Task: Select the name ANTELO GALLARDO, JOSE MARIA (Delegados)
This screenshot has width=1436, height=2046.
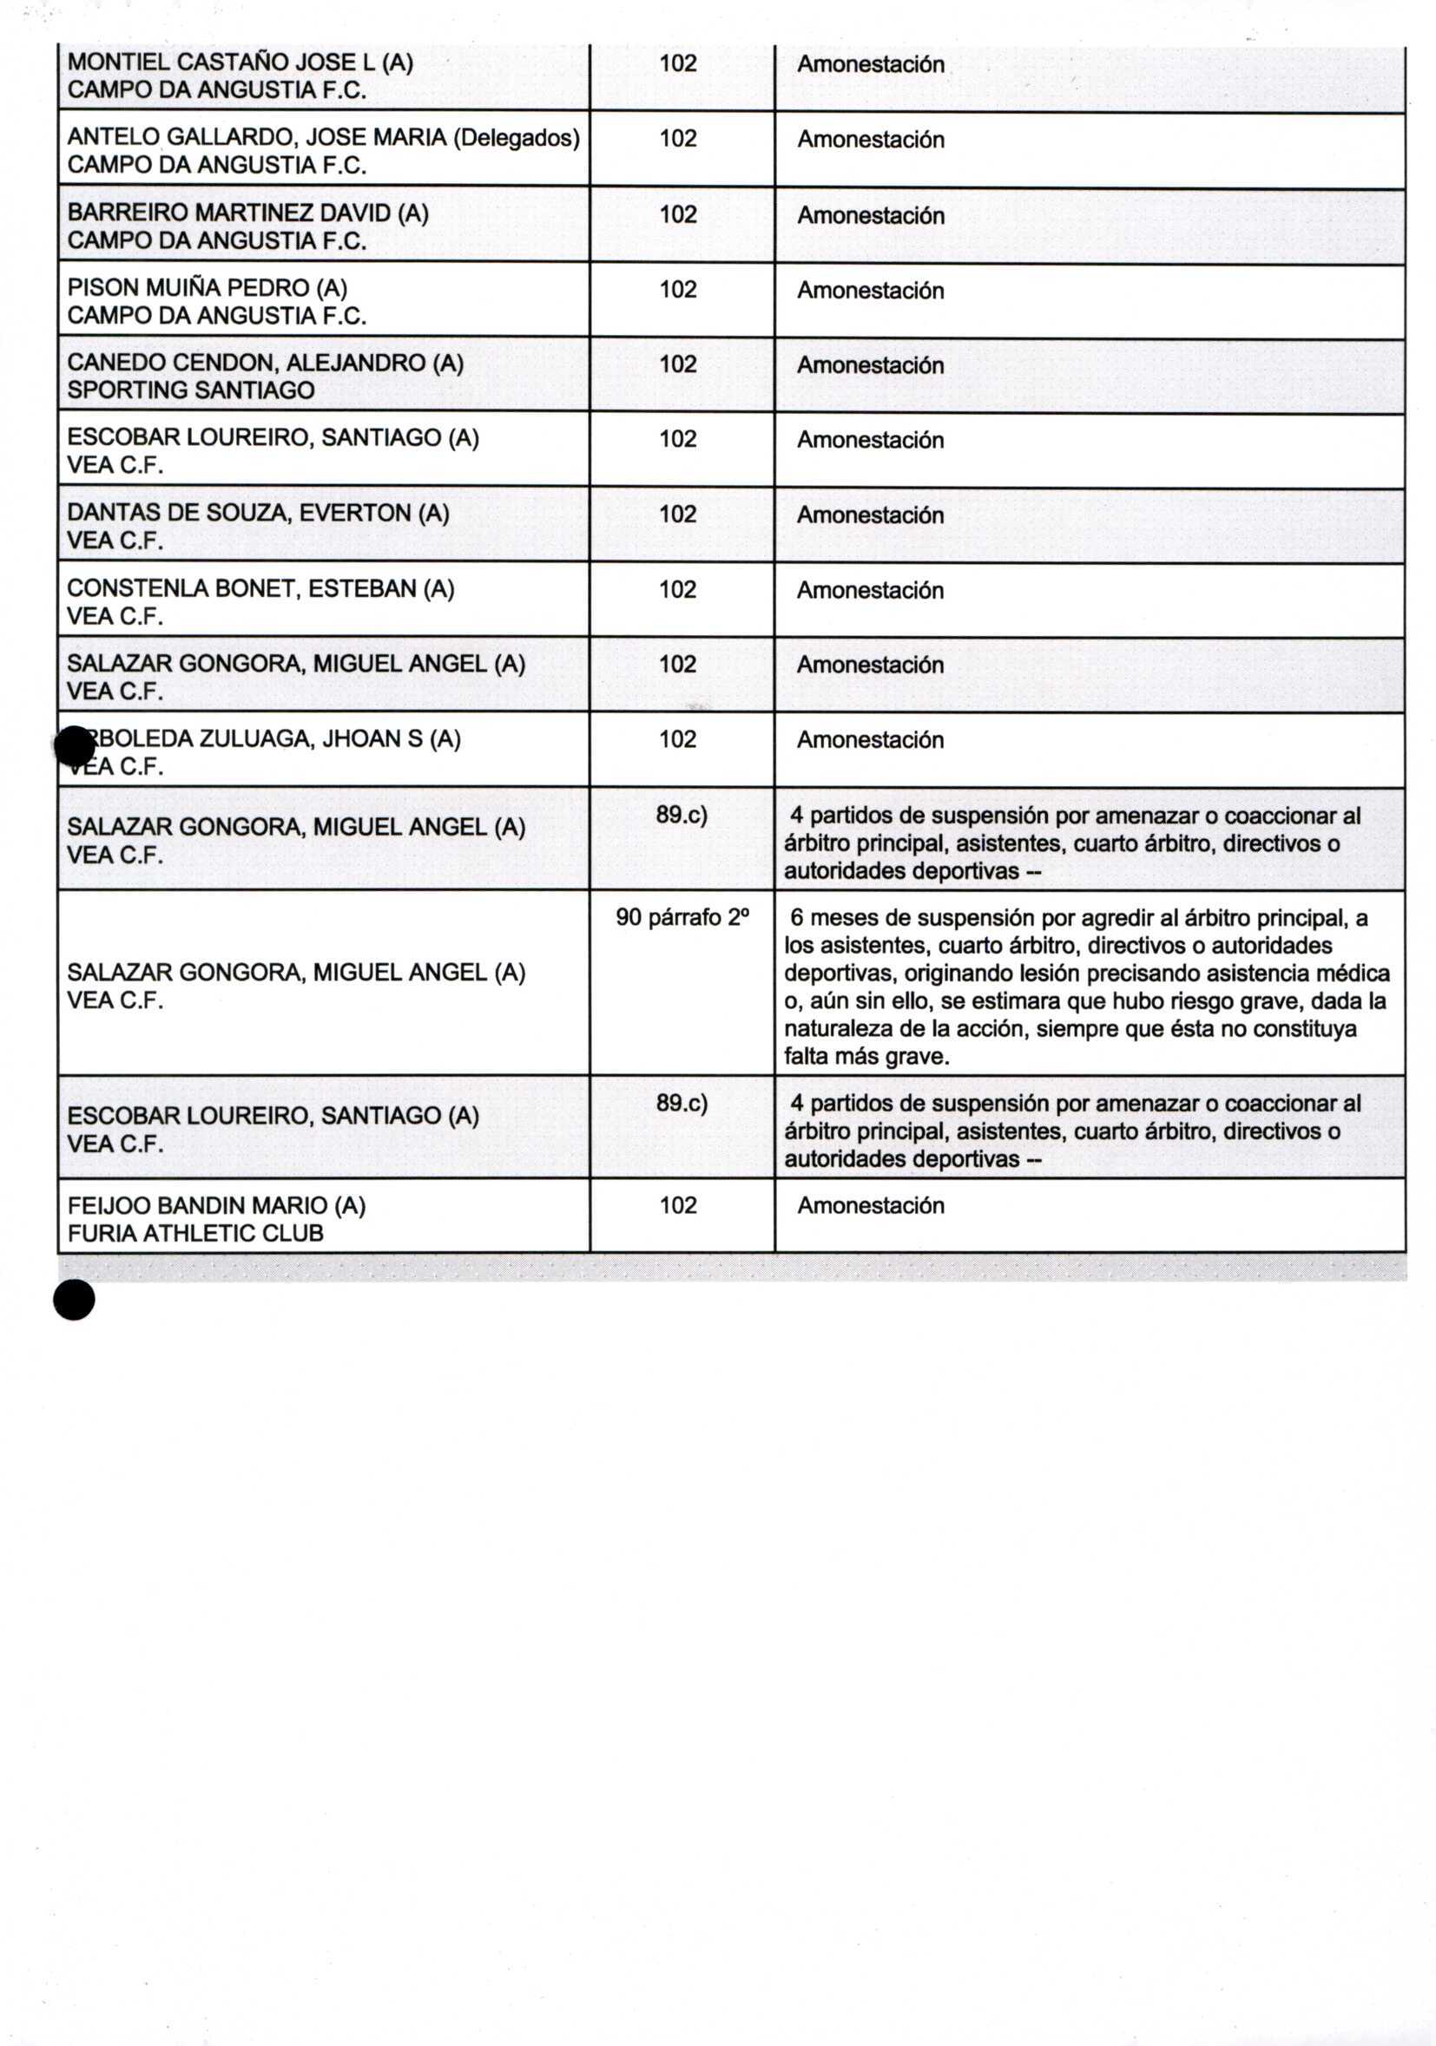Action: coord(323,138)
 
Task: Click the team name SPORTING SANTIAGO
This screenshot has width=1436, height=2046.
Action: coord(191,390)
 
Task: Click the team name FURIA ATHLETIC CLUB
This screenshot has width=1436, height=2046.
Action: coord(195,1233)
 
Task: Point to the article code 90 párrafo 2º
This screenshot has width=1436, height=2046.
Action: coord(682,918)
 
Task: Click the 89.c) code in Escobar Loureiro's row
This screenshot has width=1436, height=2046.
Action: coord(682,1103)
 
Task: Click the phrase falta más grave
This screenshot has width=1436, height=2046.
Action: coord(866,1057)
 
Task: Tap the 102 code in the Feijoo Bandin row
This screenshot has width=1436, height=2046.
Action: coord(677,1206)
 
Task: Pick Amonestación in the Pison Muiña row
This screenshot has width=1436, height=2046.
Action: coord(870,291)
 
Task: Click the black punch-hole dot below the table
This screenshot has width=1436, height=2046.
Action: coord(74,1300)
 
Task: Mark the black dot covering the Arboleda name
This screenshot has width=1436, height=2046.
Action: coord(74,746)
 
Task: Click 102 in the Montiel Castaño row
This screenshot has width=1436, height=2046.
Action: coord(677,63)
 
